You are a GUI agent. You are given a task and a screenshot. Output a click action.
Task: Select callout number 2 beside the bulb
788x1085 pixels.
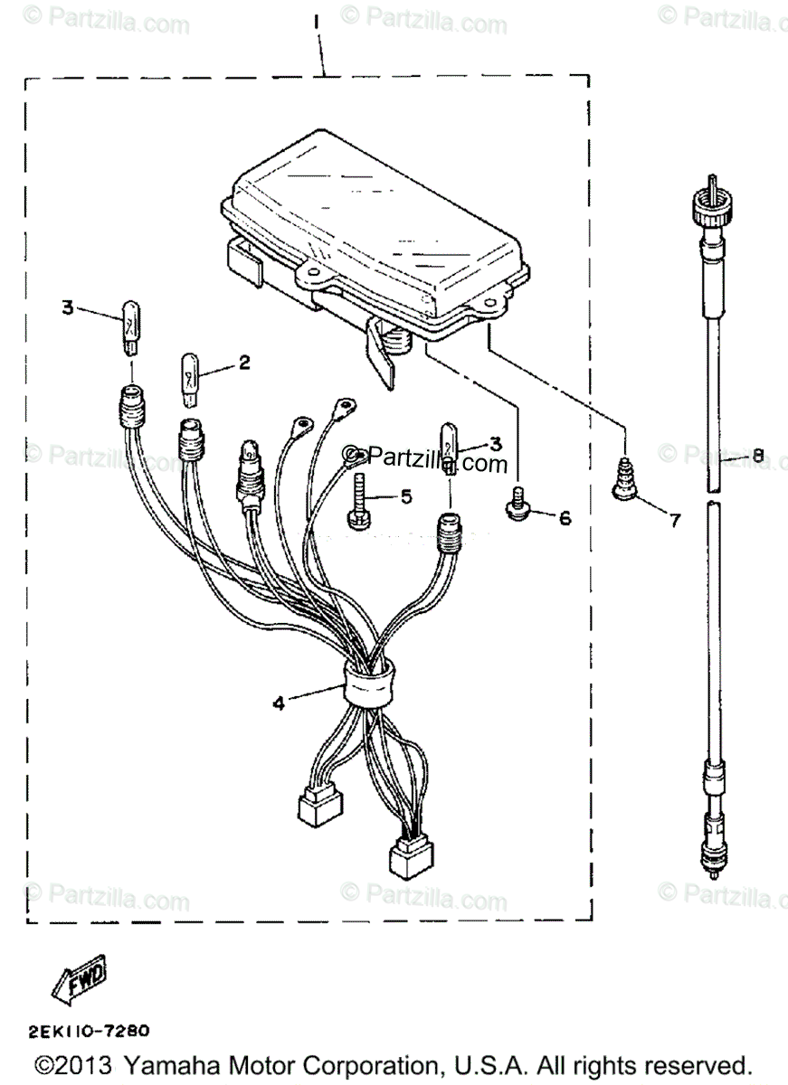click(x=243, y=363)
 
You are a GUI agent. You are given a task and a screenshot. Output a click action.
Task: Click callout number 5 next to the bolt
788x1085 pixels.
click(x=405, y=496)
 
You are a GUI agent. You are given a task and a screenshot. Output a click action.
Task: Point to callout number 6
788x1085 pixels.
click(x=565, y=518)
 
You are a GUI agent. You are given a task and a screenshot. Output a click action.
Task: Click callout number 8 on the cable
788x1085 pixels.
click(x=758, y=456)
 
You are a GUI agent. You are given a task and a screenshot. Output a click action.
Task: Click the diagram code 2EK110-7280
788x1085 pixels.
click(x=89, y=1030)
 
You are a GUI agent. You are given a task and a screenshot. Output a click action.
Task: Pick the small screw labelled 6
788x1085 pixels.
click(x=518, y=505)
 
